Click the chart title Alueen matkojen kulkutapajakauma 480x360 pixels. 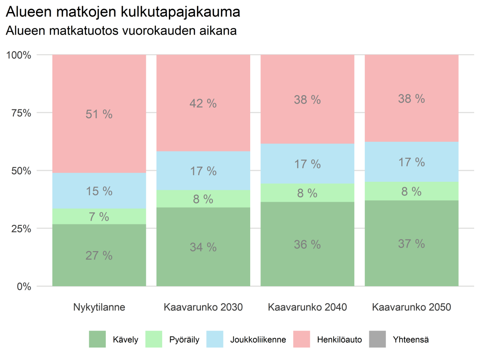pyautogui.click(x=123, y=12)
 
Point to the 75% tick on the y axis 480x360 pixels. pyautogui.click(x=21, y=113)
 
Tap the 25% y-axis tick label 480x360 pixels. pyautogui.click(x=21, y=228)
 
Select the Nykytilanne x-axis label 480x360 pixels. pyautogui.click(x=99, y=307)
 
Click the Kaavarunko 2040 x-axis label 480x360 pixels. pyautogui.click(x=307, y=307)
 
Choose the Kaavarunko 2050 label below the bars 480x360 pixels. pyautogui.click(x=411, y=307)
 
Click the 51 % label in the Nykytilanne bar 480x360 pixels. pyautogui.click(x=99, y=114)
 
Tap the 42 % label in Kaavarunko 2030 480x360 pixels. pyautogui.click(x=203, y=104)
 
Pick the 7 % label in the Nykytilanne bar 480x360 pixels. pyautogui.click(x=99, y=217)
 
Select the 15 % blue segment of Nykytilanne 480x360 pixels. pyautogui.click(x=99, y=191)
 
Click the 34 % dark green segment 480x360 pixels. pyautogui.click(x=203, y=247)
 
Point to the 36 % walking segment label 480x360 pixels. pyautogui.click(x=307, y=244)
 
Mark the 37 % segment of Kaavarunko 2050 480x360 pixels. pyautogui.click(x=411, y=244)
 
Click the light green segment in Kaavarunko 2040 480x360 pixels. pyautogui.click(x=307, y=193)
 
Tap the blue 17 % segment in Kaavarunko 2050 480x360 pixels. pyautogui.click(x=411, y=162)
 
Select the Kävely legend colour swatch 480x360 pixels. pyautogui.click(x=98, y=340)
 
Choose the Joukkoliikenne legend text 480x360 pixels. pyautogui.click(x=258, y=340)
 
